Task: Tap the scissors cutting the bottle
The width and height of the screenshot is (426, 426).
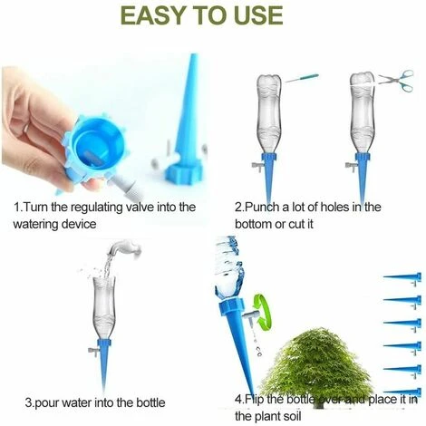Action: click(x=396, y=80)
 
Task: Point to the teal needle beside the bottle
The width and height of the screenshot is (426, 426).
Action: click(x=302, y=78)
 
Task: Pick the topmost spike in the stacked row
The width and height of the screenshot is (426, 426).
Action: click(x=402, y=277)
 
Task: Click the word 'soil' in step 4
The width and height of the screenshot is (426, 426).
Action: click(x=292, y=416)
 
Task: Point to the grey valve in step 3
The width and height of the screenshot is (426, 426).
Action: click(x=93, y=351)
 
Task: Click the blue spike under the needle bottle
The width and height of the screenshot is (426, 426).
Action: click(x=268, y=176)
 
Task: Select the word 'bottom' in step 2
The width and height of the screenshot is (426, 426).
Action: click(x=253, y=225)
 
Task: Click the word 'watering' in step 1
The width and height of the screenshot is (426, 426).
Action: click(x=35, y=225)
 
